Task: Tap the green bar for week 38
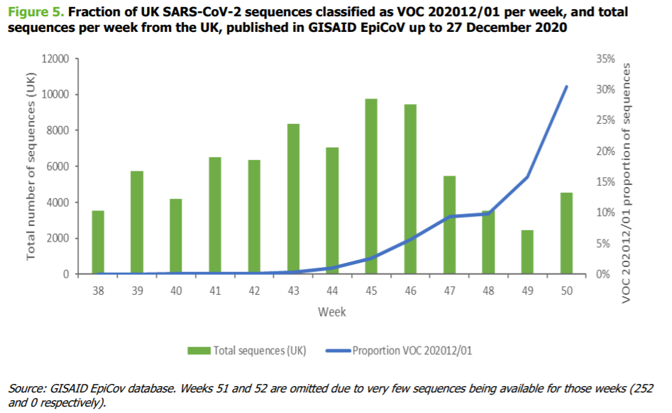98,242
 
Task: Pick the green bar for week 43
293,199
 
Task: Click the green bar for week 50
566,233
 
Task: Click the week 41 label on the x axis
215,290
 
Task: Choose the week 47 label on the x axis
449,290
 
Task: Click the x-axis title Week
332,312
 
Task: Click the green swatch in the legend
202,350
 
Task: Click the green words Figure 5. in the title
35,12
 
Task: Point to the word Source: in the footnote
26,389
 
